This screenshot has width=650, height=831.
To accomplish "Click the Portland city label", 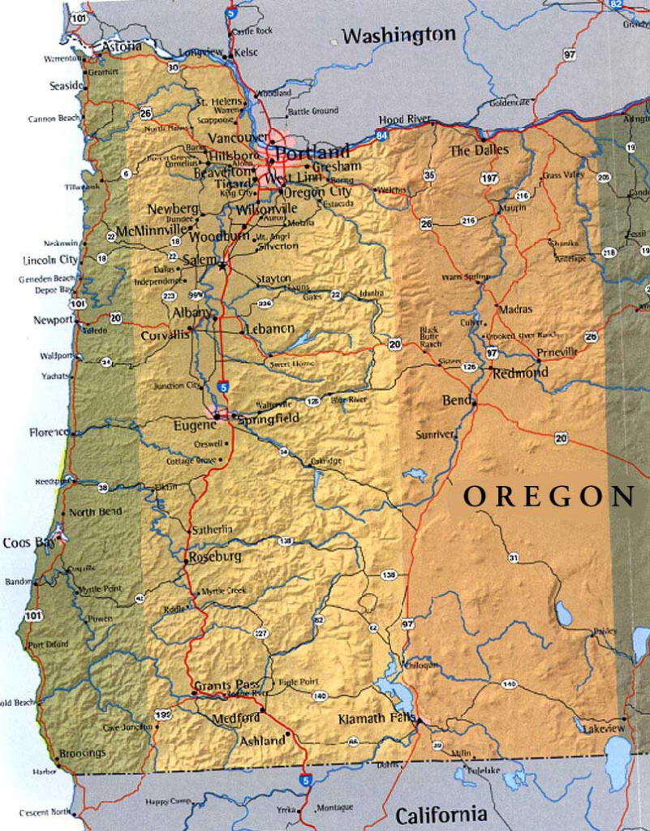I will pos(312,152).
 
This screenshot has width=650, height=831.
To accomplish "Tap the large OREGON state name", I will pos(549,497).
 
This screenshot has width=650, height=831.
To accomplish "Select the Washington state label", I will pos(398,35).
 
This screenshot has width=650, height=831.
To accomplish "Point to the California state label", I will pos(441,814).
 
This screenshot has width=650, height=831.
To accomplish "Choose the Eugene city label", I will pos(194,424).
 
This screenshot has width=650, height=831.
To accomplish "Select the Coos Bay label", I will pos(23,542).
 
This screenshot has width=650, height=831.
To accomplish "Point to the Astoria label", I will pos(121,47).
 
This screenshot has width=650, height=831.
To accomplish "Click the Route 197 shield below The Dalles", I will pos(489,177).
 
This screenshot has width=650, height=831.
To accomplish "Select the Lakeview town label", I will pos(604,729).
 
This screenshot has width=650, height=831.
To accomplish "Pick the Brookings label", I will pos(82,753).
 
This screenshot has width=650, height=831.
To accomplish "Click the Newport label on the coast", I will pos(53,320).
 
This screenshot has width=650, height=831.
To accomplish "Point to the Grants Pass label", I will pos(226,684).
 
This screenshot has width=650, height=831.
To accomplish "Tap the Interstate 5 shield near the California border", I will pos(305,780).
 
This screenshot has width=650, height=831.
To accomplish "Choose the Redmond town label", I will pos(519,372).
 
